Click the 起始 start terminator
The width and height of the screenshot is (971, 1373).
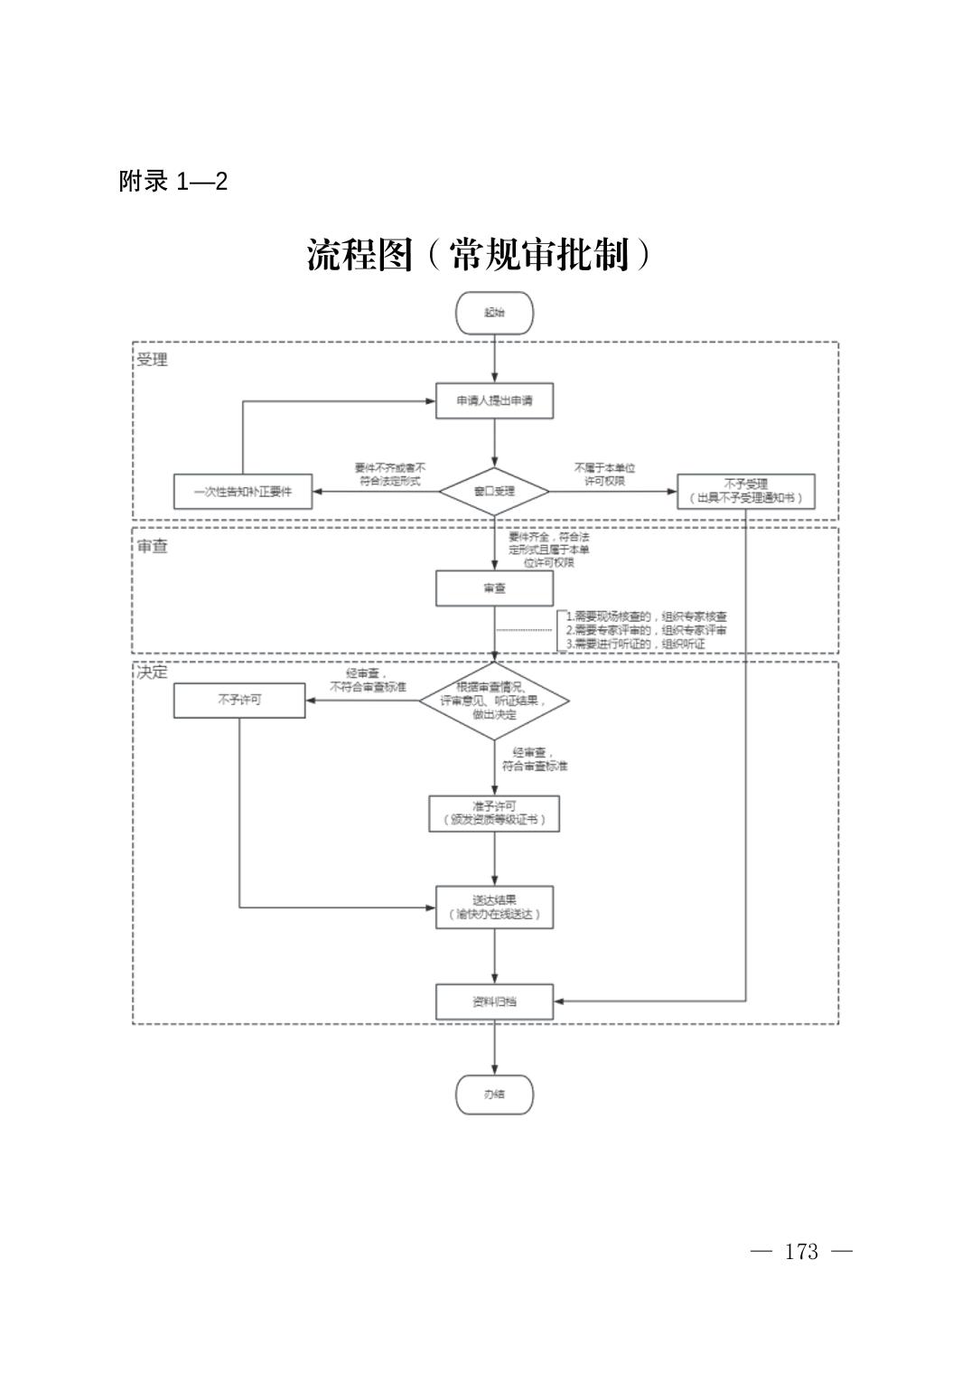click(x=494, y=313)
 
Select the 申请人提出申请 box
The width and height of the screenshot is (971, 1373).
click(x=494, y=400)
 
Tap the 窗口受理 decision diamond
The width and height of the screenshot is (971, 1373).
click(x=494, y=492)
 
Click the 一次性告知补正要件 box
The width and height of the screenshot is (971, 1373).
click(x=242, y=492)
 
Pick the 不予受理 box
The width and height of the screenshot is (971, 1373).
click(x=745, y=492)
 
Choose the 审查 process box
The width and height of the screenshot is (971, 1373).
click(x=494, y=588)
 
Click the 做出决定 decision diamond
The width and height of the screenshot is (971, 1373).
click(x=494, y=701)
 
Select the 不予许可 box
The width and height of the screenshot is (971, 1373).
click(x=239, y=701)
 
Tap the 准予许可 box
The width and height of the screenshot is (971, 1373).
click(x=494, y=813)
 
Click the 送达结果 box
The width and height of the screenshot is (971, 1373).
click(x=494, y=907)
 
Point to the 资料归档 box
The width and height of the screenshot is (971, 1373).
click(x=494, y=1002)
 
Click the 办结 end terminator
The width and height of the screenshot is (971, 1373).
click(x=494, y=1095)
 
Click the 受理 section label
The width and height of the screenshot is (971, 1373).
click(x=152, y=360)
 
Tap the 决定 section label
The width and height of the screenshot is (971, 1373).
click(x=152, y=672)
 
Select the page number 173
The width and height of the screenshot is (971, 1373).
click(x=801, y=1252)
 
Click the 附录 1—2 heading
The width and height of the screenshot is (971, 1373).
click(x=173, y=182)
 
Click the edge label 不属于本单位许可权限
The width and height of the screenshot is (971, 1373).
click(x=604, y=475)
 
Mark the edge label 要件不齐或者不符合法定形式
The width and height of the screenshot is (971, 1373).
click(x=389, y=475)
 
